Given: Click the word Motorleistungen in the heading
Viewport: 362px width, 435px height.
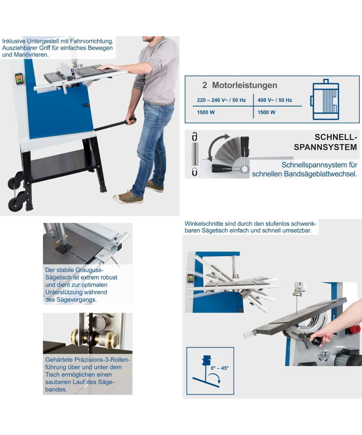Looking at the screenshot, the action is tap(244, 85).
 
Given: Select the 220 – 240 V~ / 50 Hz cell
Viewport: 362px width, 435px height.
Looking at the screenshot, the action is tap(221, 100).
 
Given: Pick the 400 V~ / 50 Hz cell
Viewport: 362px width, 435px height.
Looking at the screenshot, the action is tap(275, 100).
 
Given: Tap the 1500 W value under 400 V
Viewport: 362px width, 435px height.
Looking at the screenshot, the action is tap(266, 112).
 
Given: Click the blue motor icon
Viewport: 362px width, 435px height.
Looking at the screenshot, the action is tap(325, 100).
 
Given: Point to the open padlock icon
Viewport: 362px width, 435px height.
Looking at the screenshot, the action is tap(194, 137).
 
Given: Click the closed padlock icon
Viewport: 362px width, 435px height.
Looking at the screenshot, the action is tap(194, 172).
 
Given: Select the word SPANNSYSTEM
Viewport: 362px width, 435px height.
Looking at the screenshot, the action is tap(325, 147).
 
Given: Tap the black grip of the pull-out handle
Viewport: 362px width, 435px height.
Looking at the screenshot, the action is tap(131, 121).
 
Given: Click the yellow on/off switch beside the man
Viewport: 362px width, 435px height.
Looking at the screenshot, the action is tap(19, 79).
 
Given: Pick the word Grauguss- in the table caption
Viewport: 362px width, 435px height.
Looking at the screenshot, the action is tap(89, 270).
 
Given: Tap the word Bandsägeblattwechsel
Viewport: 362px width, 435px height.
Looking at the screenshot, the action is tap(321, 174).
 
